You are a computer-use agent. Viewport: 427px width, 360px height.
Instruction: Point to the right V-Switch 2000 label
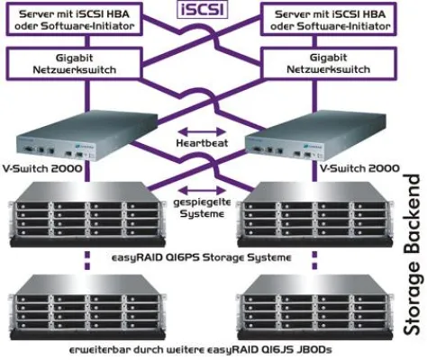click(x=347, y=169)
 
